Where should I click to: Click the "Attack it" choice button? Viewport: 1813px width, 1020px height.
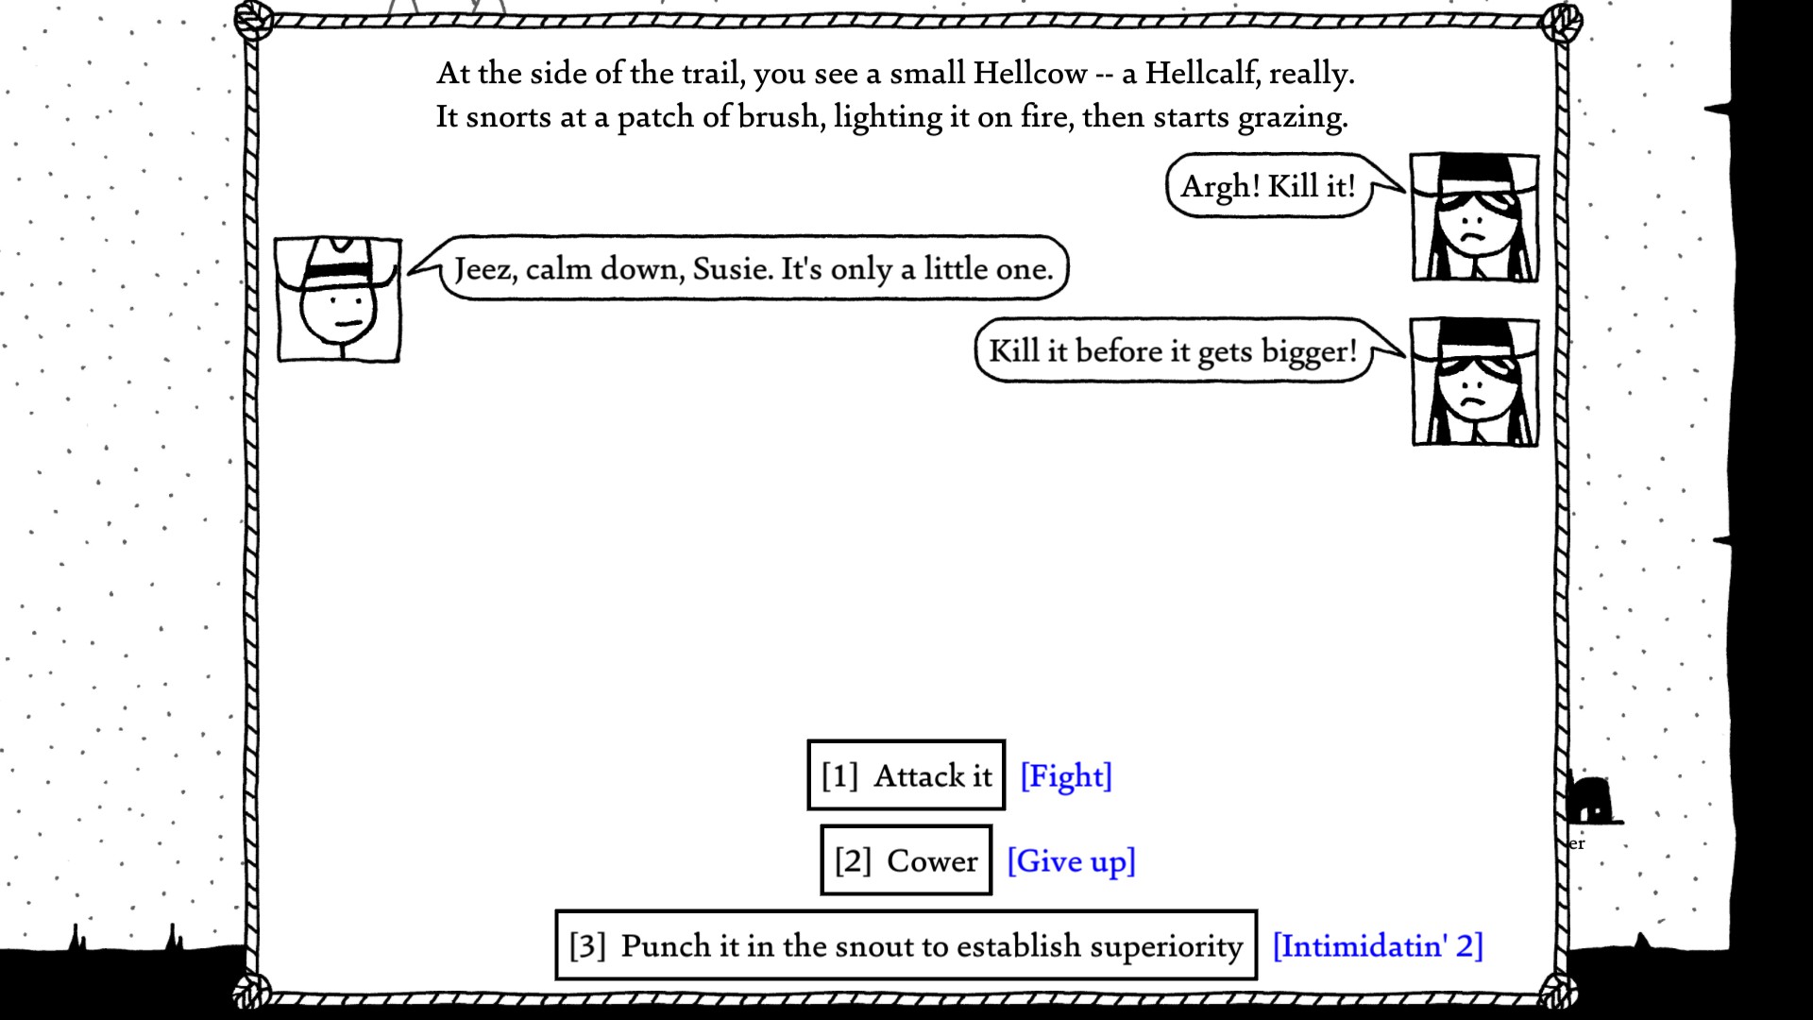(x=906, y=775)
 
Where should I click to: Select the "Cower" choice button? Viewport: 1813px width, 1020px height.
(x=906, y=860)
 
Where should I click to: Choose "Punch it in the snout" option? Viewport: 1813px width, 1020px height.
(x=906, y=945)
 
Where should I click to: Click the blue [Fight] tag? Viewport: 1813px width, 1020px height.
(x=1066, y=776)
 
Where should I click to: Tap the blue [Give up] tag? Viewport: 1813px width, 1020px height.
(x=1071, y=861)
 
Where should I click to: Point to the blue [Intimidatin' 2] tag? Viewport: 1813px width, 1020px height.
(x=1378, y=946)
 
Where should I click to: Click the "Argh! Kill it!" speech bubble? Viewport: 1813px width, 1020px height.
(x=1268, y=186)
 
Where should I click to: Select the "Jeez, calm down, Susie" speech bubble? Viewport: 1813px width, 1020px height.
(x=754, y=269)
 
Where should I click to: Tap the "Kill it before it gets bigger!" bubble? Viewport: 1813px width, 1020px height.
(x=1173, y=351)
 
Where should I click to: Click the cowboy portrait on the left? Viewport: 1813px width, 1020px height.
(x=338, y=300)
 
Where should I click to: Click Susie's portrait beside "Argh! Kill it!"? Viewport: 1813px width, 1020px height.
(x=1474, y=218)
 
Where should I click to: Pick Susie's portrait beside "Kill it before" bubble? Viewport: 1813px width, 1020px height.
(x=1474, y=382)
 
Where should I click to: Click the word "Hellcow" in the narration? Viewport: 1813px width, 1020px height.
(x=1030, y=74)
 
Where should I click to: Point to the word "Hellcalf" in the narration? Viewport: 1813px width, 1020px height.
(x=1201, y=74)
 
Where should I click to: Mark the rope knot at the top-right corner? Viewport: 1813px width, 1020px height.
(x=1562, y=23)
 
